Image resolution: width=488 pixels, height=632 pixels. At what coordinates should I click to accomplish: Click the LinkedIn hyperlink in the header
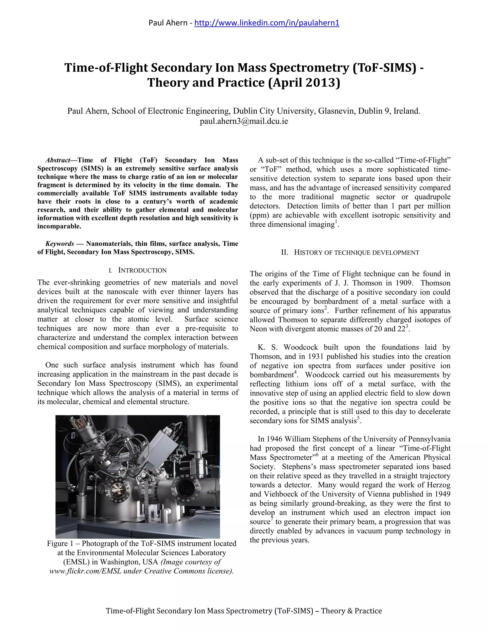tap(267, 23)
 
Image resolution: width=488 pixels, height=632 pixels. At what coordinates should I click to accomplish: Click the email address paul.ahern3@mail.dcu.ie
tap(244, 121)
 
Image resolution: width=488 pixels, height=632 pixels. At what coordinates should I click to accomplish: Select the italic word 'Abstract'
tap(58, 160)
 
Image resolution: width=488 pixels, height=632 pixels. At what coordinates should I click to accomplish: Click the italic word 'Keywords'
tap(60, 244)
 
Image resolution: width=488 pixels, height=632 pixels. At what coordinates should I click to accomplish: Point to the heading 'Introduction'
tap(142, 270)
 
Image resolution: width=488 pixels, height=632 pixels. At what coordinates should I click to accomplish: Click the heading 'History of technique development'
tap(356, 253)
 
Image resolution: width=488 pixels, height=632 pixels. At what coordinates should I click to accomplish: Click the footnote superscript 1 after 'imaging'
tap(336, 222)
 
